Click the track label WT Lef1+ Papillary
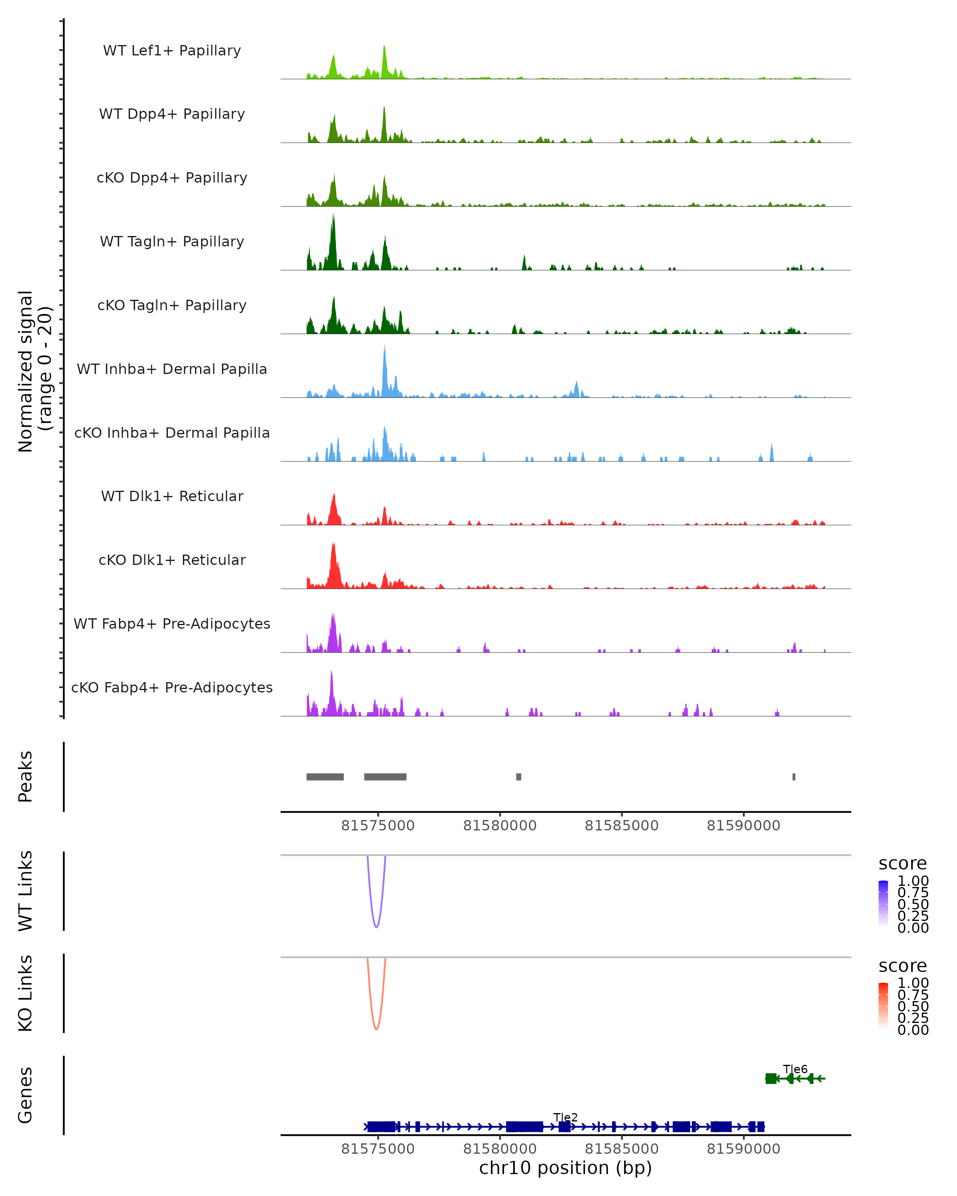pyautogui.click(x=172, y=51)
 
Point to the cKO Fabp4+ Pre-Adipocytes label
pyautogui.click(x=172, y=687)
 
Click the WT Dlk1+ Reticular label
pyautogui.click(x=172, y=496)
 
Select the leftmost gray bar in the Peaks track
pyautogui.click(x=325, y=777)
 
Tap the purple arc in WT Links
pyautogui.click(x=377, y=927)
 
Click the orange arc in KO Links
pyautogui.click(x=377, y=1029)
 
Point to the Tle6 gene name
pyautogui.click(x=795, y=1069)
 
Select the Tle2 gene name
pyautogui.click(x=565, y=1117)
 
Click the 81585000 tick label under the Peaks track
pyautogui.click(x=621, y=826)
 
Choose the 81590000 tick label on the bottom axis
pyautogui.click(x=743, y=1149)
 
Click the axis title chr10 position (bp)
pyautogui.click(x=565, y=1168)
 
